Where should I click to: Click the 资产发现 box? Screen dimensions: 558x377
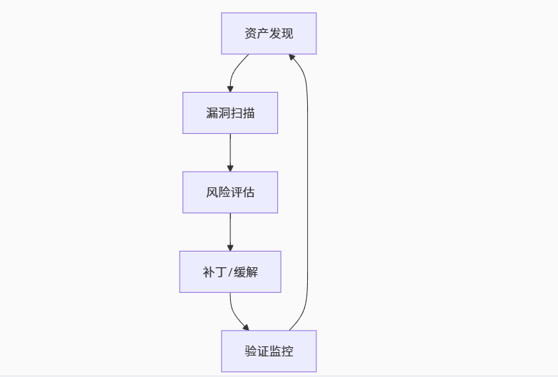click(269, 33)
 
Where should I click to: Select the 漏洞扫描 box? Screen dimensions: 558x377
click(230, 113)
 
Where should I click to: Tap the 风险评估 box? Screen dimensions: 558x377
click(230, 192)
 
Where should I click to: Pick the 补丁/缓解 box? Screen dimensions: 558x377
click(230, 272)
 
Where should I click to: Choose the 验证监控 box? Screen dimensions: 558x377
click(269, 351)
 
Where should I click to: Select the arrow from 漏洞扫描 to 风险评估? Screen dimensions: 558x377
click(230, 153)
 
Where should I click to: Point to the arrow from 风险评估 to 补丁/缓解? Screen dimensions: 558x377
click(230, 232)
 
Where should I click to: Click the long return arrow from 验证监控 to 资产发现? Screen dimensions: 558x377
click(307, 192)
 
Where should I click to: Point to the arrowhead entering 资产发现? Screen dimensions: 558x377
click(291, 57)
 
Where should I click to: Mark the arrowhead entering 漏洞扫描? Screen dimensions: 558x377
click(230, 89)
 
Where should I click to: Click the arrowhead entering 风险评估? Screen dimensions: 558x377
click(230, 168)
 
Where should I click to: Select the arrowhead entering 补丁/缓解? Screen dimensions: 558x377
click(230, 248)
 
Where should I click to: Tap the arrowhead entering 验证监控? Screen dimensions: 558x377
click(246, 327)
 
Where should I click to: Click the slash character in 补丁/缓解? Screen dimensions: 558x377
click(230, 272)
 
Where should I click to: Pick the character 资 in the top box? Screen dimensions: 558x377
click(251, 33)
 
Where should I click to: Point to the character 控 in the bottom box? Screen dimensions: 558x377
click(287, 351)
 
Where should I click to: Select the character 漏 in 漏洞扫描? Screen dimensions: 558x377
click(212, 113)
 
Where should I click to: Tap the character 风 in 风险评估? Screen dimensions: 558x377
click(212, 192)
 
